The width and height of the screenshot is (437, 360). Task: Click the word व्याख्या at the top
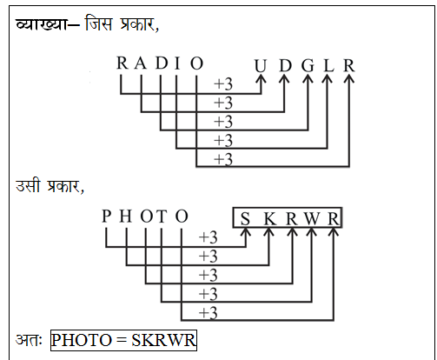click(41, 23)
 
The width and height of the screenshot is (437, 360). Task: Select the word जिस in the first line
click(98, 23)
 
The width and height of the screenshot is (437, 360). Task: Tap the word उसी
click(28, 185)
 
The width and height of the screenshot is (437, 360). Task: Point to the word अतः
click(29, 340)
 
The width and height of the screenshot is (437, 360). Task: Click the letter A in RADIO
click(141, 63)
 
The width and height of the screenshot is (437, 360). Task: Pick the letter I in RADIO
click(177, 63)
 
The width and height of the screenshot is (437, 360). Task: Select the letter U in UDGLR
click(261, 66)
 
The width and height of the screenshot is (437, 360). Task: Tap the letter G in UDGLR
click(308, 66)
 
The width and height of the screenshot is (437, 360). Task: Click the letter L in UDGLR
click(328, 66)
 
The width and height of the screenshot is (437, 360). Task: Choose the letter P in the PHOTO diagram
click(107, 217)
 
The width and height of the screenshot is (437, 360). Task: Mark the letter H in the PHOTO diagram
click(126, 217)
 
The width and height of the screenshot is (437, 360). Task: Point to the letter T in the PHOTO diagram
click(162, 217)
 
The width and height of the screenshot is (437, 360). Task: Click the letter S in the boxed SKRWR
click(245, 219)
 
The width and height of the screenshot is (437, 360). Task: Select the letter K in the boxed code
click(270, 219)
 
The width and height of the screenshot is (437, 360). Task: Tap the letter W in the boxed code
click(312, 219)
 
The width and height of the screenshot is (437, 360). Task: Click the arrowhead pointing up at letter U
click(262, 79)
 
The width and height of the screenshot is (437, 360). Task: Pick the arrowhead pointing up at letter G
click(308, 79)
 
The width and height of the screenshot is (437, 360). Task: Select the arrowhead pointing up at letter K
click(269, 232)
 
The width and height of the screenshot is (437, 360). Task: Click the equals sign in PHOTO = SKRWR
click(122, 340)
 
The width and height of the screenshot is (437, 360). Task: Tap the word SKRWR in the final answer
click(163, 340)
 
